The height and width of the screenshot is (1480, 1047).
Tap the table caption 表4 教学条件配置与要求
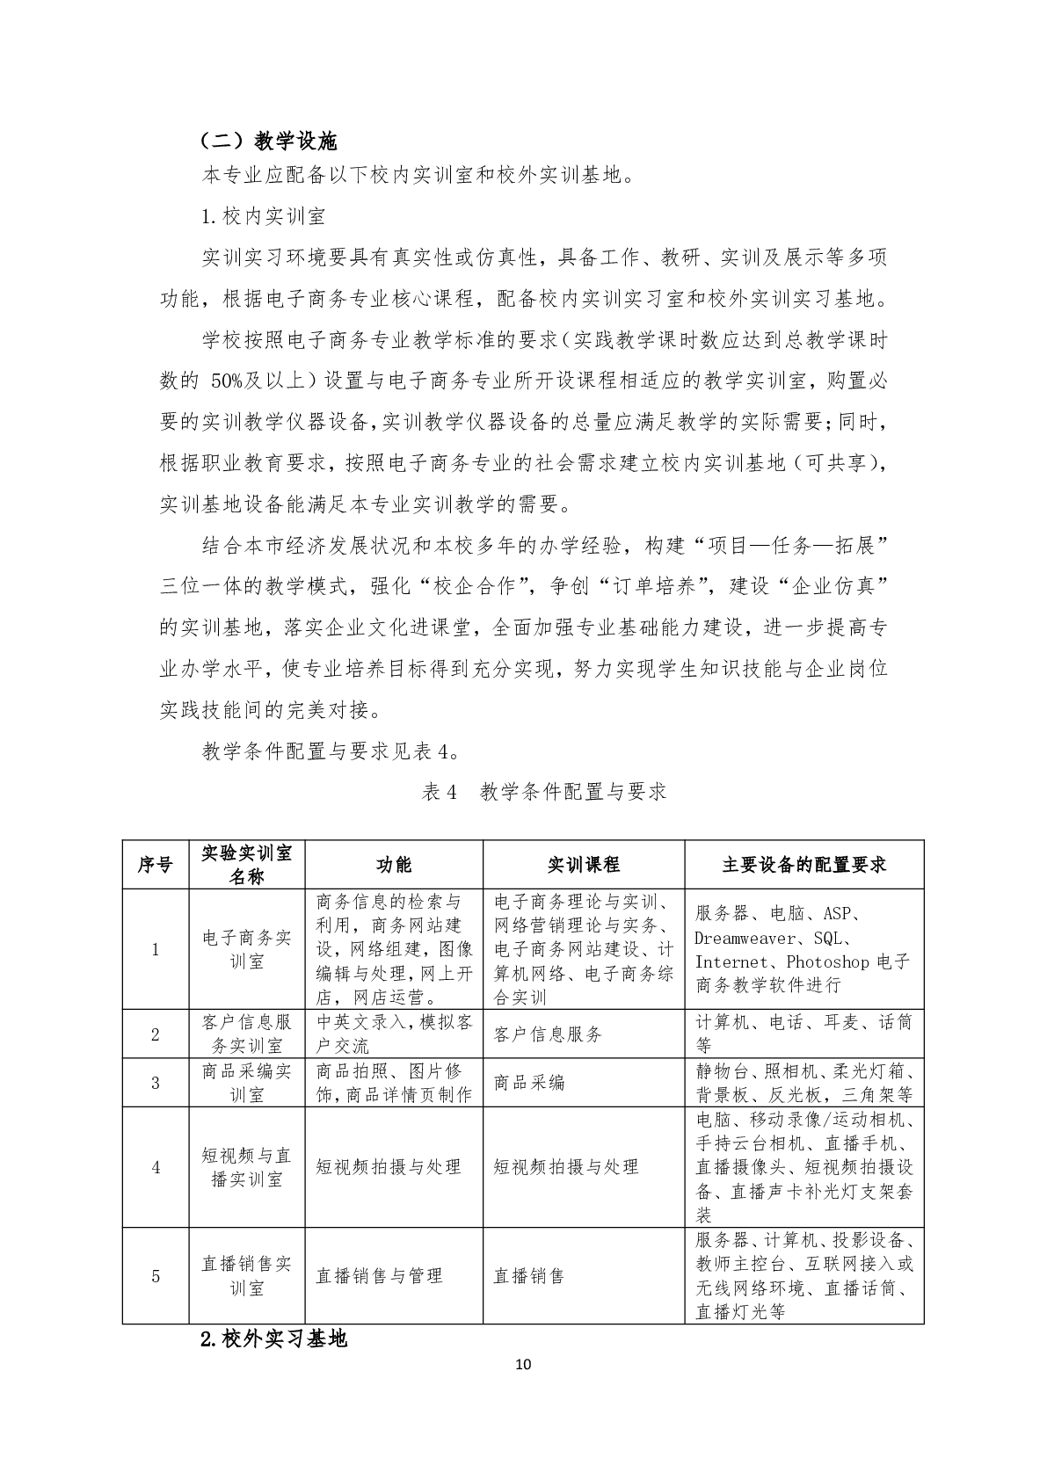point(544,791)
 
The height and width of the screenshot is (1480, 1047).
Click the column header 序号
point(156,865)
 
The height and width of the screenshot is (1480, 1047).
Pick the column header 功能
point(394,865)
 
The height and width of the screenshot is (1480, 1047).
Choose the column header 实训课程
point(584,865)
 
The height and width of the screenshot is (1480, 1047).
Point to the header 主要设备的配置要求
point(803,865)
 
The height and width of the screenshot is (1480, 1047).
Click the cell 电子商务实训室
point(247,949)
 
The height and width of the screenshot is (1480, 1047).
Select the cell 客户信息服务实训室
point(247,1034)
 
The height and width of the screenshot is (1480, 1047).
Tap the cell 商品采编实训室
point(247,1083)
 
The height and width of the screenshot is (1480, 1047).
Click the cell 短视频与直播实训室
point(247,1167)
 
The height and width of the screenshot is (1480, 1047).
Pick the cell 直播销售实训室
point(247,1276)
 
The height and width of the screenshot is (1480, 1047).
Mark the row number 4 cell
point(156,1167)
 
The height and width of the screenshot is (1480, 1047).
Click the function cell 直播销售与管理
point(379,1276)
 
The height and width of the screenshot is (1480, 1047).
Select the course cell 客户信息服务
point(549,1034)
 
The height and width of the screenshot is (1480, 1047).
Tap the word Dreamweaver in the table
point(745,938)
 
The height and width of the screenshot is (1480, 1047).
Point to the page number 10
point(523,1365)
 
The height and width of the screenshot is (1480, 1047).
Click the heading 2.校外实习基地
point(273,1339)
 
